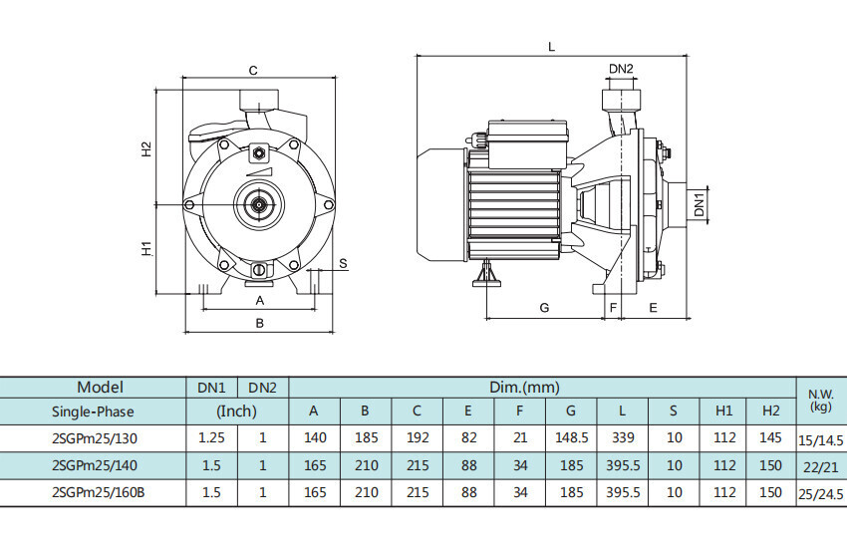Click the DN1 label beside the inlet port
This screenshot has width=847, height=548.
pos(700,205)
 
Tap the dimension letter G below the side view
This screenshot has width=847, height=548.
pos(544,308)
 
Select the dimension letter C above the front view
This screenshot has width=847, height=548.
pos(253,70)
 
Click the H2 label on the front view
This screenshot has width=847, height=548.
pos(145,147)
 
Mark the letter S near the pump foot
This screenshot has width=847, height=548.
pos(342,263)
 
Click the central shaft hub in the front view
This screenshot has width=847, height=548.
pos(259,204)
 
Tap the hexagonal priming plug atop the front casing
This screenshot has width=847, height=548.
pos(259,153)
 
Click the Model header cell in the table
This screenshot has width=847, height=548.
pos(100,387)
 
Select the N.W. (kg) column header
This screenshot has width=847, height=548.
pos(820,400)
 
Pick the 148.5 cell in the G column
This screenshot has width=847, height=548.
pos(571,437)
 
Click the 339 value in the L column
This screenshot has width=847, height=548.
pos(623,437)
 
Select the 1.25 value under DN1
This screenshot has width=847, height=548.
pos(211,437)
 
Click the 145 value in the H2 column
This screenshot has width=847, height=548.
pos(770,437)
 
